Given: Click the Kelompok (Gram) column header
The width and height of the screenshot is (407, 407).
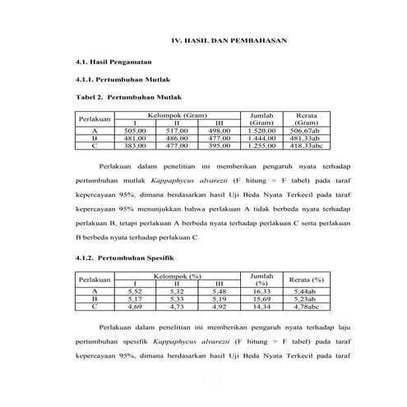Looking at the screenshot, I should tap(177, 115).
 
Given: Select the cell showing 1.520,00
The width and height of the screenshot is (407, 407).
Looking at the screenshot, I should tap(261, 131).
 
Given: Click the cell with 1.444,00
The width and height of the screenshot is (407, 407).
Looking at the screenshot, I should tap(261, 138).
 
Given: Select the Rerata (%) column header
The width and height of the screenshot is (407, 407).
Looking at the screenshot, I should tap(305, 280).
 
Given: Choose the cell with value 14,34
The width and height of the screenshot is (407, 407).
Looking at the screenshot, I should tap(261, 307).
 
